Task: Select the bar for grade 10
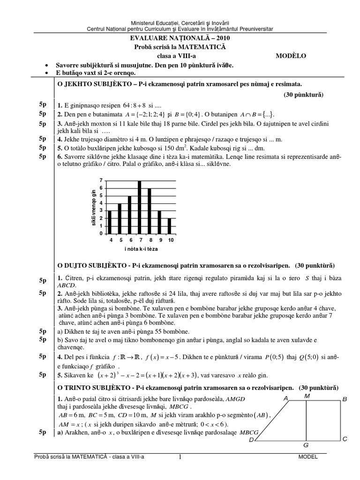pyautogui.click(x=169, y=225)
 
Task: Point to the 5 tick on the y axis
pyautogui.click(x=101, y=195)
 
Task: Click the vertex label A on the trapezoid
pyautogui.click(x=285, y=398)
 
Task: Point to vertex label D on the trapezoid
pyautogui.click(x=251, y=440)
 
